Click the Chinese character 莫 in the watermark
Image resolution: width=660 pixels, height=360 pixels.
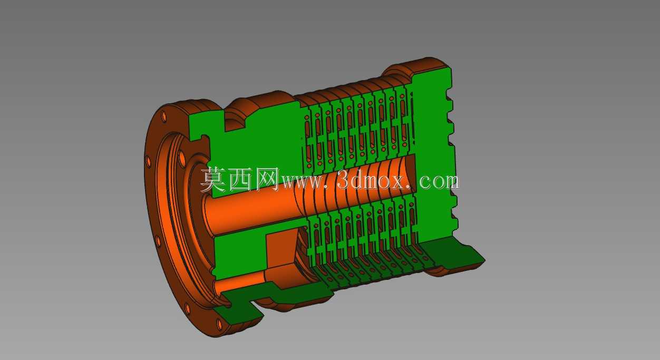tap(213, 179)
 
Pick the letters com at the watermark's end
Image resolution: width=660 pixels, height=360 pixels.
tap(439, 182)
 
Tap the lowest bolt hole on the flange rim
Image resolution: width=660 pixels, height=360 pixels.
tap(219, 324)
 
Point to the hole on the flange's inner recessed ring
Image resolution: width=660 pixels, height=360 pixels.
tap(182, 157)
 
